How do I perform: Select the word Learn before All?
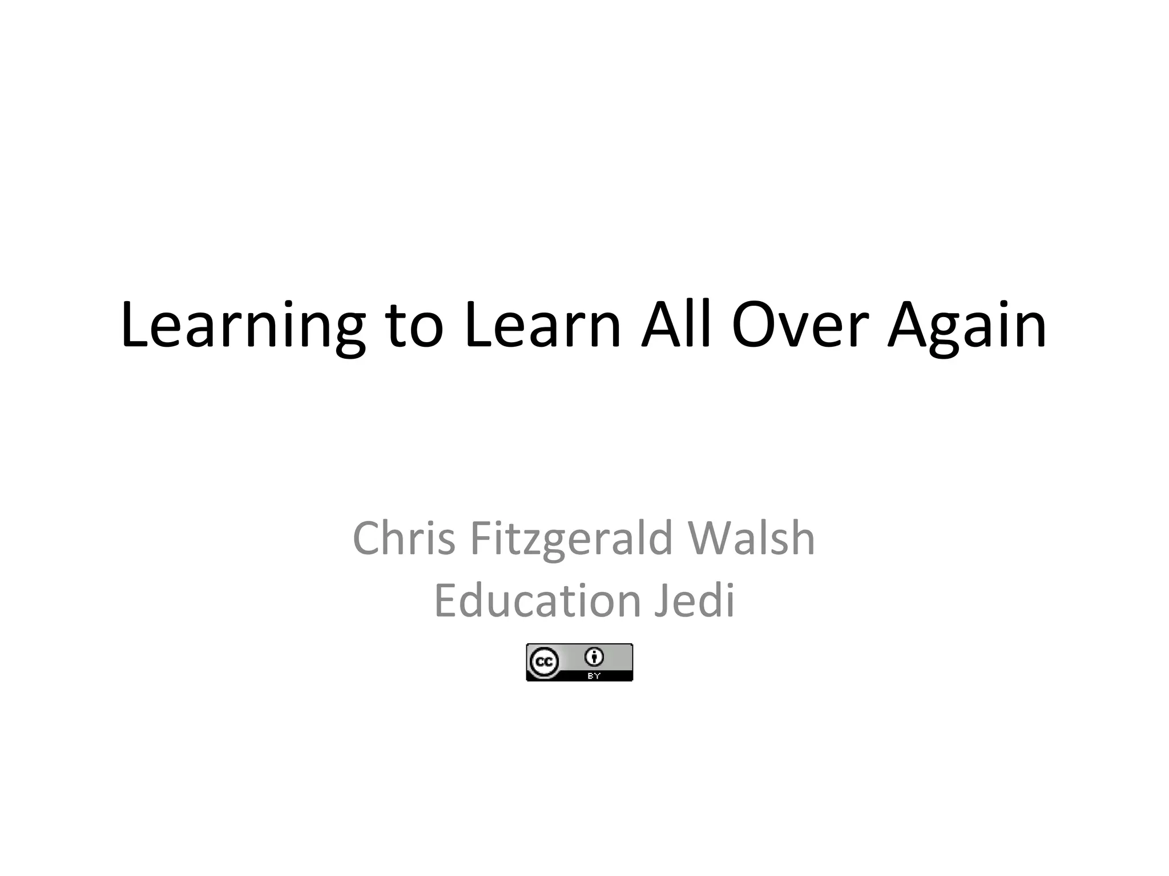click(x=542, y=326)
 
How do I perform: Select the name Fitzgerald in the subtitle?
click(x=572, y=538)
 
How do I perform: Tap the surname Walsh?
click(x=751, y=538)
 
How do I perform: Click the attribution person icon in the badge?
click(x=594, y=657)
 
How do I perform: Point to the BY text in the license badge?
click(x=594, y=676)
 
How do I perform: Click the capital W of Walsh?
click(x=709, y=538)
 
